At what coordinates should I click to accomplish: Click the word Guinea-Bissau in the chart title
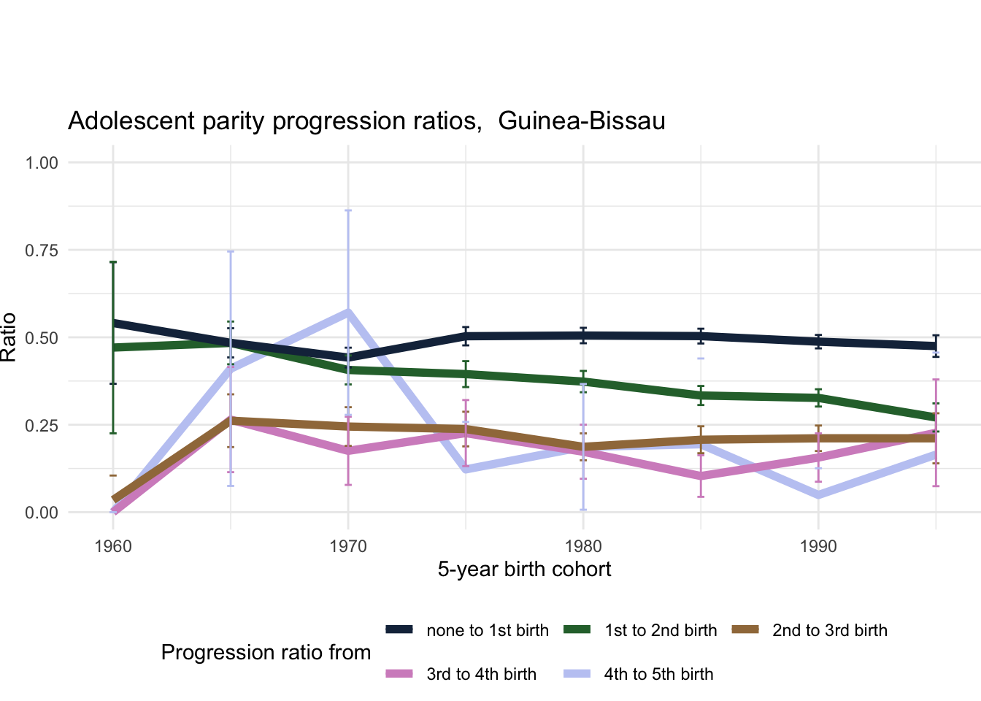[582, 120]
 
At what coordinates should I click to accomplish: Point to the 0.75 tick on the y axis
[42, 250]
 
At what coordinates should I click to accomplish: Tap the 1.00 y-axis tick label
[42, 162]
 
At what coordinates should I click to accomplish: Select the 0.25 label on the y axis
[42, 425]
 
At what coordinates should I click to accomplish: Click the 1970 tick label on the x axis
[348, 546]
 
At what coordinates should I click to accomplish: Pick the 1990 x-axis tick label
[818, 546]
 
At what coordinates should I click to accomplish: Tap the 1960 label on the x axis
[113, 546]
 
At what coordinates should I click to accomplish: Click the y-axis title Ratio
[9, 337]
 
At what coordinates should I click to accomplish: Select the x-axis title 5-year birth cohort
[524, 570]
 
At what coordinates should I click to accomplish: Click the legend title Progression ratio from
[266, 652]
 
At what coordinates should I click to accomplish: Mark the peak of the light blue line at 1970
[348, 313]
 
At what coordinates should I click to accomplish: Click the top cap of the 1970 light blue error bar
[348, 210]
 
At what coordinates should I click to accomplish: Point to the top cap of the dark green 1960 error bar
[113, 261]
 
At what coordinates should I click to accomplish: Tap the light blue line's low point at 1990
[818, 495]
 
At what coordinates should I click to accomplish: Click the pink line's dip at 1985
[701, 476]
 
